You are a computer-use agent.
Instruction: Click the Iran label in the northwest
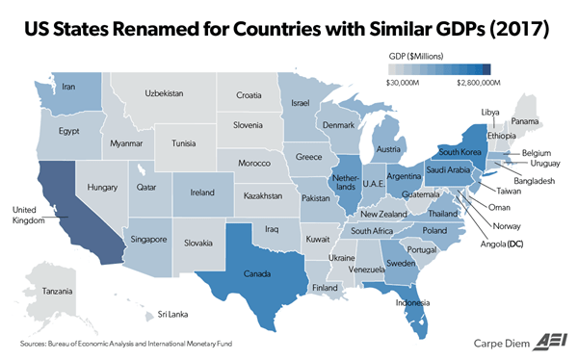[68, 87]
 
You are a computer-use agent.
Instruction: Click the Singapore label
[148, 239]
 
